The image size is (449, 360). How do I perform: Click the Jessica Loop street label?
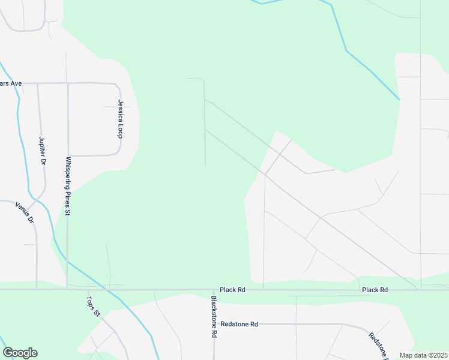tap(120, 119)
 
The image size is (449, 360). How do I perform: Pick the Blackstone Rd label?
tap(213, 317)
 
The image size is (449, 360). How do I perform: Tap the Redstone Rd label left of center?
tap(239, 324)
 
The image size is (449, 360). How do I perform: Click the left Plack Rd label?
tap(232, 290)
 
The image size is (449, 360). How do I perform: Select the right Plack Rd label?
tap(375, 290)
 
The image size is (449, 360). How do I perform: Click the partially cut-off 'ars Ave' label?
tap(11, 83)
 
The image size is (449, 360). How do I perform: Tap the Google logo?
tap(20, 353)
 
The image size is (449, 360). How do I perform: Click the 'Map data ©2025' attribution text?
tap(423, 355)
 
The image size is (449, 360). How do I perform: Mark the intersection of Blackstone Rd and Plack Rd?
tap(213, 290)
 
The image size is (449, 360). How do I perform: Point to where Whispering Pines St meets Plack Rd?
tap(67, 289)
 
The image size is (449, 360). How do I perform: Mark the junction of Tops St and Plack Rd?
tap(88, 290)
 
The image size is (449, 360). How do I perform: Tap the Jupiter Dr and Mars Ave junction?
tap(38, 83)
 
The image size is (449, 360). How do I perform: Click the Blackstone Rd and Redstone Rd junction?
tap(213, 324)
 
